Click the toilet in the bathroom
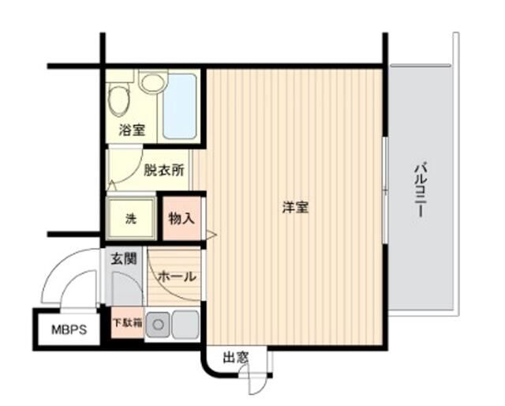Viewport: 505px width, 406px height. [x=120, y=100]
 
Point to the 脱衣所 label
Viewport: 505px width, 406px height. [x=163, y=169]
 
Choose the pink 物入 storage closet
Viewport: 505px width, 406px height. [x=181, y=219]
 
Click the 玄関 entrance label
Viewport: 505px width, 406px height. [x=125, y=258]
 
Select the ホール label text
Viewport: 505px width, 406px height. [x=178, y=276]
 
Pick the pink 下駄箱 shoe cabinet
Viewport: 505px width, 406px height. [x=126, y=323]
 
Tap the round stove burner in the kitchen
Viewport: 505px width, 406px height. [x=158, y=323]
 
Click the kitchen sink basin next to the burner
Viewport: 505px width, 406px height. [x=185, y=323]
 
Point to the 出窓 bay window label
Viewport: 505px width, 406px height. [x=234, y=358]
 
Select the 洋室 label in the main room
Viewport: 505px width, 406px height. [x=296, y=208]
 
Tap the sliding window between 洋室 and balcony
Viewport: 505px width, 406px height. [x=384, y=190]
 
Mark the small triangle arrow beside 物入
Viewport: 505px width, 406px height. [x=211, y=233]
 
